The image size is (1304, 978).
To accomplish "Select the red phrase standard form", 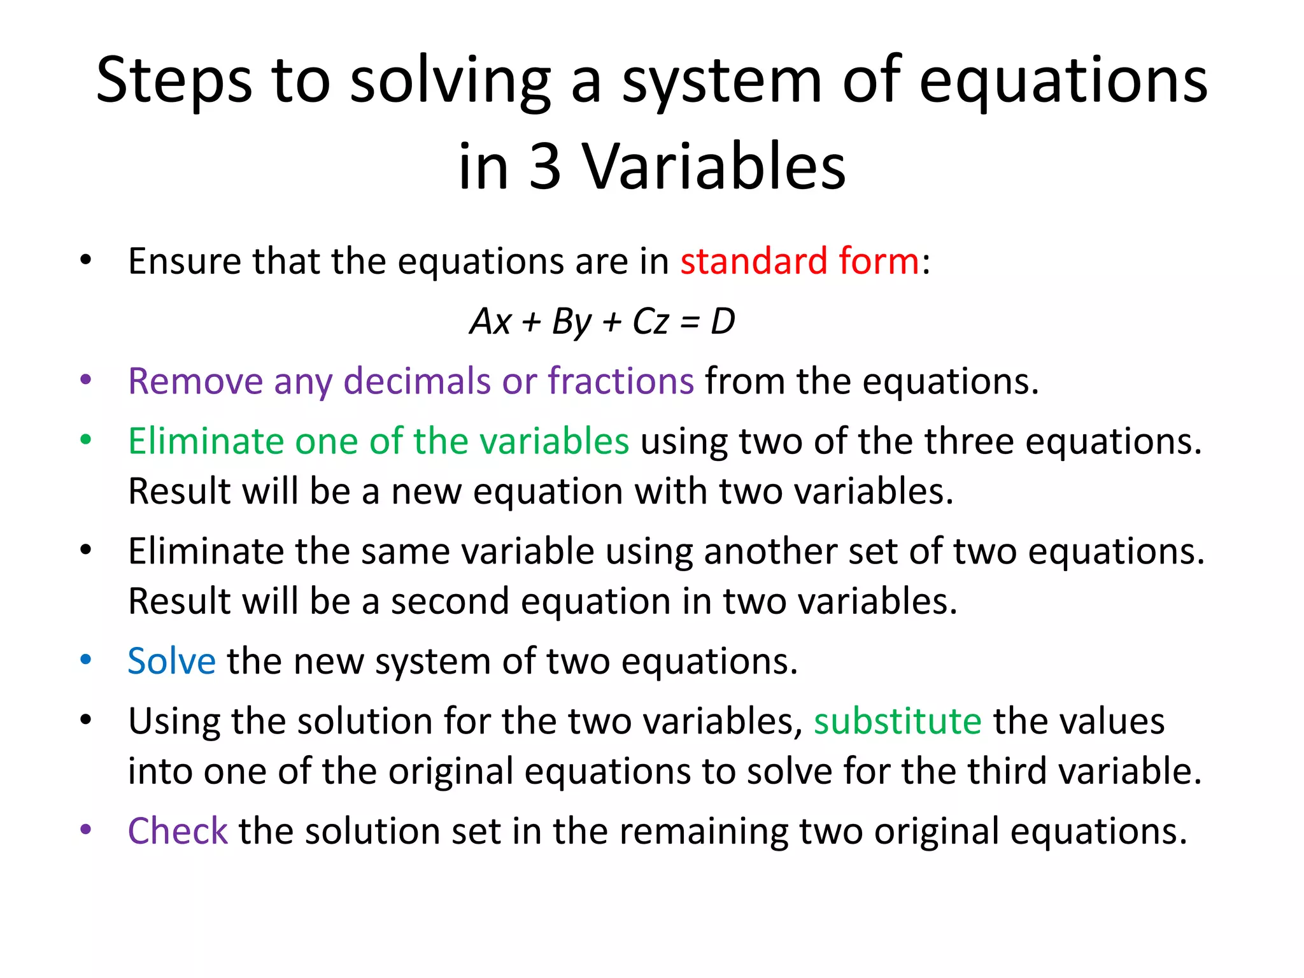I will pyautogui.click(x=799, y=261).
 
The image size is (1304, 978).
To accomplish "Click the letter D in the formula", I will pyautogui.click(x=723, y=321).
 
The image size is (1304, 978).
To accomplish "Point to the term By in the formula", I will pyautogui.click(x=571, y=322).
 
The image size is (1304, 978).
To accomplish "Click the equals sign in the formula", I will pyautogui.click(x=689, y=322).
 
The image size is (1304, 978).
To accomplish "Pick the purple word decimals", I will pyautogui.click(x=416, y=381).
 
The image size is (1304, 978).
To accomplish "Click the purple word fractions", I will pyautogui.click(x=620, y=381).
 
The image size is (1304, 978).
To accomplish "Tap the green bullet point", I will pyautogui.click(x=86, y=440).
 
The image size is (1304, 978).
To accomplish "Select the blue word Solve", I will pyautogui.click(x=171, y=661).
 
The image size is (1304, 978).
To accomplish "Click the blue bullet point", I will pyautogui.click(x=86, y=660).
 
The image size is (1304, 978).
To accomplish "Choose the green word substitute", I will pyautogui.click(x=897, y=721).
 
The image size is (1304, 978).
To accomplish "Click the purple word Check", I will pyautogui.click(x=178, y=831).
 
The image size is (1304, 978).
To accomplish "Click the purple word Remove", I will pyautogui.click(x=195, y=381).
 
